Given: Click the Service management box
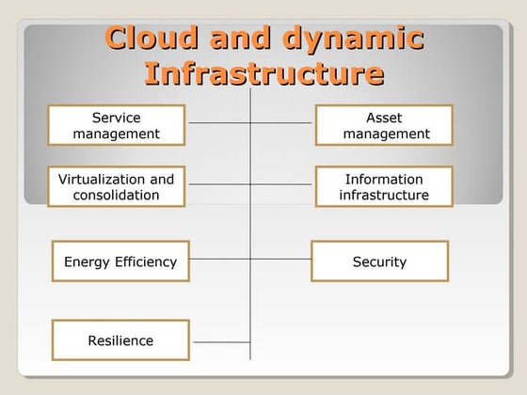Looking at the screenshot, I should click(x=117, y=125).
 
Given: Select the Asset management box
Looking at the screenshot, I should click(x=384, y=125).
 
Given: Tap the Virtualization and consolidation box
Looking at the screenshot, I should click(x=117, y=187).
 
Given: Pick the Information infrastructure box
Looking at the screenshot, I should click(x=384, y=187).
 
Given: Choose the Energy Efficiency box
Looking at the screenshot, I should click(x=120, y=261).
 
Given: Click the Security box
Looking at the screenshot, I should click(x=379, y=261).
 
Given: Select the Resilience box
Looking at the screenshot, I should click(x=120, y=340).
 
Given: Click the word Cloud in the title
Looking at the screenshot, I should click(x=150, y=39).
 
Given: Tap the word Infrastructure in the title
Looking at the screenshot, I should click(x=264, y=72).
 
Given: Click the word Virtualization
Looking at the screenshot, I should click(x=103, y=179).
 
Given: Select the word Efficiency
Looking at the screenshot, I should click(x=146, y=261).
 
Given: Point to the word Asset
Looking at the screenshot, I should click(x=384, y=118).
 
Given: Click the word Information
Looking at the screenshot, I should click(x=384, y=179).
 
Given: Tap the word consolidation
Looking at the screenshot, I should click(x=117, y=196).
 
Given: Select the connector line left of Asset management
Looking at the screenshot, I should click(x=283, y=122).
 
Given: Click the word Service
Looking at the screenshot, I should click(x=117, y=118).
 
